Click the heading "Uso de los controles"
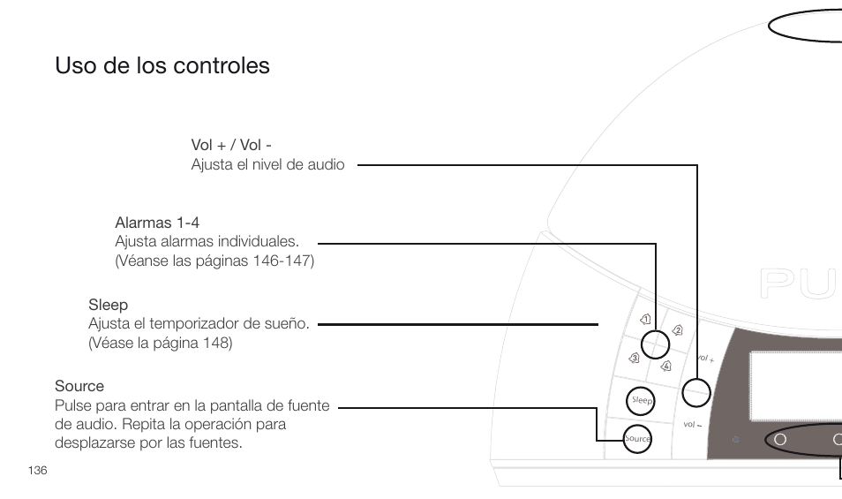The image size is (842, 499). point(162,66)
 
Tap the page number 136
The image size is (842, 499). point(37,470)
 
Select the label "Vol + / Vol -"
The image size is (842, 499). point(231,145)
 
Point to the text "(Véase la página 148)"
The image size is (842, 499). point(160,343)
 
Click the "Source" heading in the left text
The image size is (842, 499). point(79,386)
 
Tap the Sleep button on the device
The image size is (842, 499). point(642,401)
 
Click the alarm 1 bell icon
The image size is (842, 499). point(646,319)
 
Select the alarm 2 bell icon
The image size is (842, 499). point(678,330)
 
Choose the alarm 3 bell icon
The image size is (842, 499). point(634,358)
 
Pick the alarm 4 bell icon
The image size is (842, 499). point(665,366)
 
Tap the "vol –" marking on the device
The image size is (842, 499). point(692,425)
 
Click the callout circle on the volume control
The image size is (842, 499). point(696,392)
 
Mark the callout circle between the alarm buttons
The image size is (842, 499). point(656,344)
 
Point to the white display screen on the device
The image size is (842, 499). point(795,386)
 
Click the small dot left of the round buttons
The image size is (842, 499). point(735,439)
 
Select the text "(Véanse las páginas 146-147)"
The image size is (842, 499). point(214,261)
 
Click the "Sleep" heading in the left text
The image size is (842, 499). point(108,306)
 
